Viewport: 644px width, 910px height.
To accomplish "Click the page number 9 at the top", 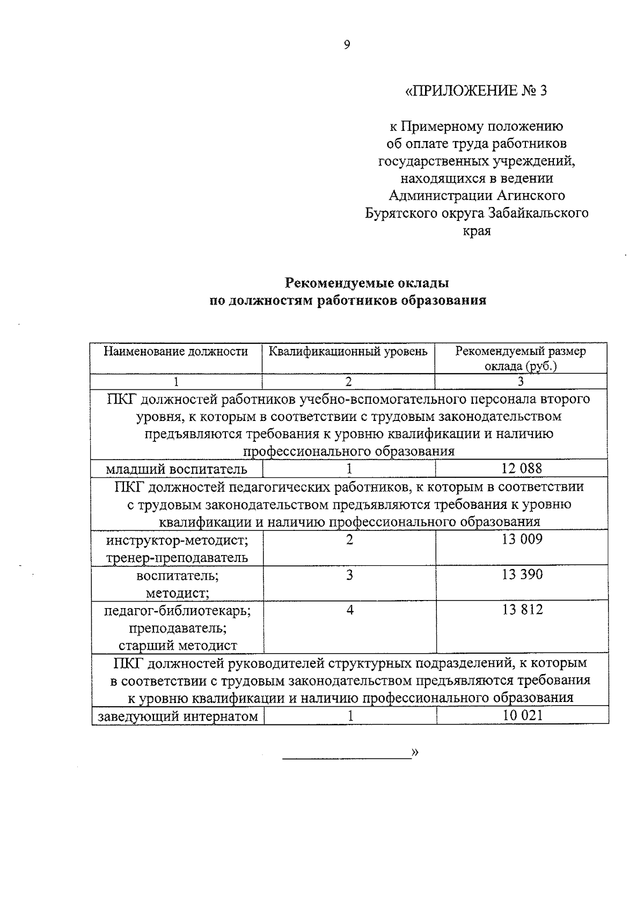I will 347,45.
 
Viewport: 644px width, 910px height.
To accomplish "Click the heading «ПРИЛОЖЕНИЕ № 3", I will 475,91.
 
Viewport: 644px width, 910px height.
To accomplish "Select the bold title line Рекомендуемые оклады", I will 367,283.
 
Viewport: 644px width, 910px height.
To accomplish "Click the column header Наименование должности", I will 175,352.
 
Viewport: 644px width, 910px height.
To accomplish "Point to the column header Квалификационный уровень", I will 348,352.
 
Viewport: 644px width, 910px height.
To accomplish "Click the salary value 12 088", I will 522,469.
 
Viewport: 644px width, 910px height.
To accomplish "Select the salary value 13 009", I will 522,539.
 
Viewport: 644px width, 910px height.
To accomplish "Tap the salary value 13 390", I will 522,575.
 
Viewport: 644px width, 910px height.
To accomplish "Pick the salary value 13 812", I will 522,610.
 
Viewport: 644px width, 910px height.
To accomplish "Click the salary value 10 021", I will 522,715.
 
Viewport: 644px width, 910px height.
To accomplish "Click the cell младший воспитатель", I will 177,470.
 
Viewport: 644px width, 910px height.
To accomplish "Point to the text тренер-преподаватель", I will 177,558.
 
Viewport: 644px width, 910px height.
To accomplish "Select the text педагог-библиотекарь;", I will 177,610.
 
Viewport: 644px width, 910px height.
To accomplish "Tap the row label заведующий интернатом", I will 177,716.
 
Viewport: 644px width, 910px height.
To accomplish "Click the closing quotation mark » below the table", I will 414,753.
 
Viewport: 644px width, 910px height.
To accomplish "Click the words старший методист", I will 177,646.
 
